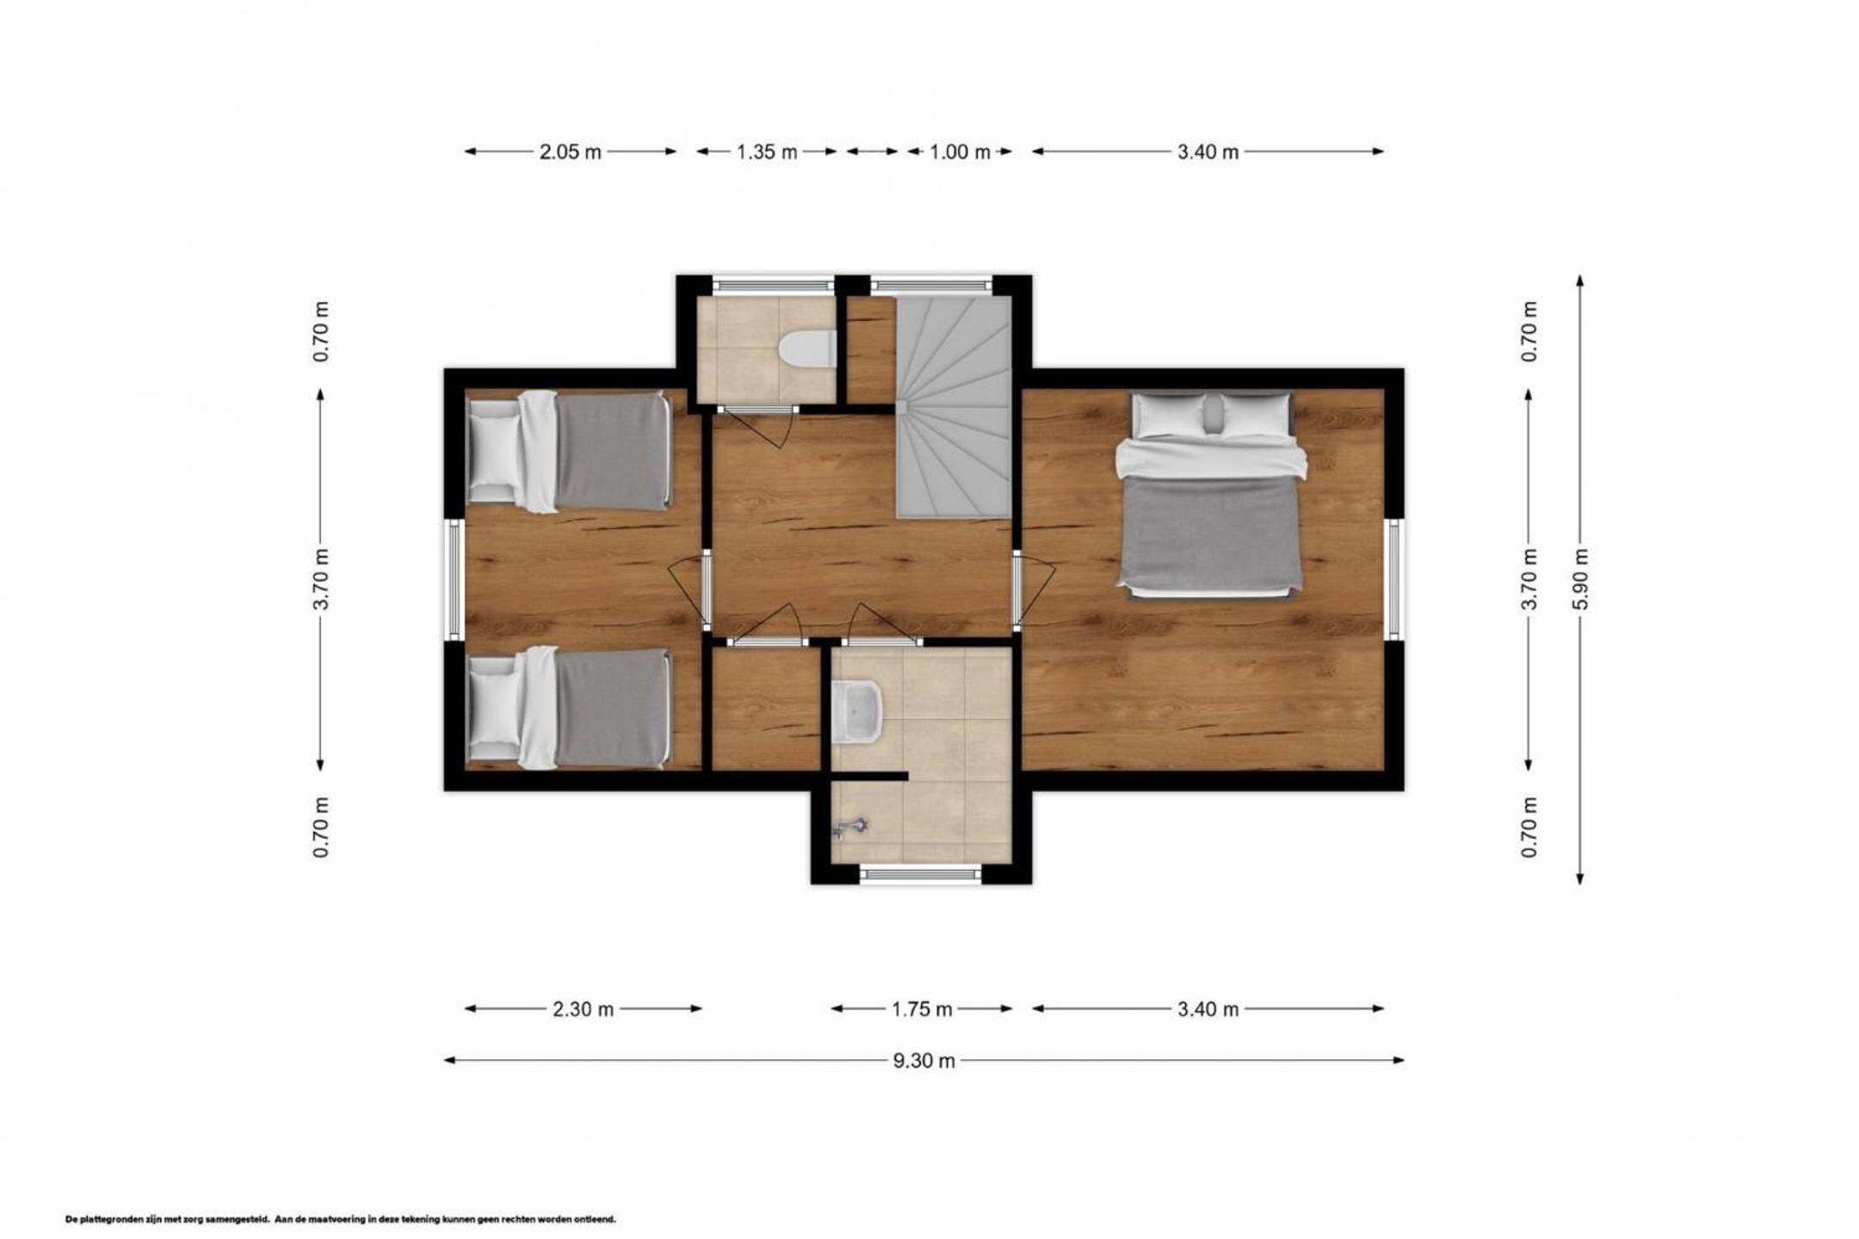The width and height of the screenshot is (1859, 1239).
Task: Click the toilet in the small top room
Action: coord(807,349)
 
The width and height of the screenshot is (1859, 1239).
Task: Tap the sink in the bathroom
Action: coord(857,712)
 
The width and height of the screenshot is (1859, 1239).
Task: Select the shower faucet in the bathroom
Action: coord(850,827)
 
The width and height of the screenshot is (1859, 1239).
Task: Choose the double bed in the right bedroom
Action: coord(1211,495)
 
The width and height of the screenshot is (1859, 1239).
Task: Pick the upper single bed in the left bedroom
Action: coord(568,451)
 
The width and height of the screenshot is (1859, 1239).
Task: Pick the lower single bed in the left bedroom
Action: coord(568,707)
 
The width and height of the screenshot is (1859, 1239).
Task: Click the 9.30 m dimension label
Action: coord(923,1061)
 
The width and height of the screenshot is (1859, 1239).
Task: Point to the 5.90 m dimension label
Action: coord(1580,579)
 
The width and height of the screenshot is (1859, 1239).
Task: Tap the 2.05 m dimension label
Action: coord(571,152)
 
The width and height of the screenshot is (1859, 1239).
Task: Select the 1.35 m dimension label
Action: coord(767,152)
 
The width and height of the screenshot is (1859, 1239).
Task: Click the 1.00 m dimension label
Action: coord(960,152)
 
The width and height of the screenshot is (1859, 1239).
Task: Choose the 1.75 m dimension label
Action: coord(922,1009)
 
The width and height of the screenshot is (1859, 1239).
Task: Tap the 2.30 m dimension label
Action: coord(584,1009)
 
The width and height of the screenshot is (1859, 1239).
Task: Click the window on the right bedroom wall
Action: coord(1394,579)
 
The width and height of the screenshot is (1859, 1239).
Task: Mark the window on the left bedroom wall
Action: coord(454,579)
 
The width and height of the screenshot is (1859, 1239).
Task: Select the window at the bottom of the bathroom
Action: coord(921,874)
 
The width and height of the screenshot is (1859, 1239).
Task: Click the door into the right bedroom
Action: coord(1031,591)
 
